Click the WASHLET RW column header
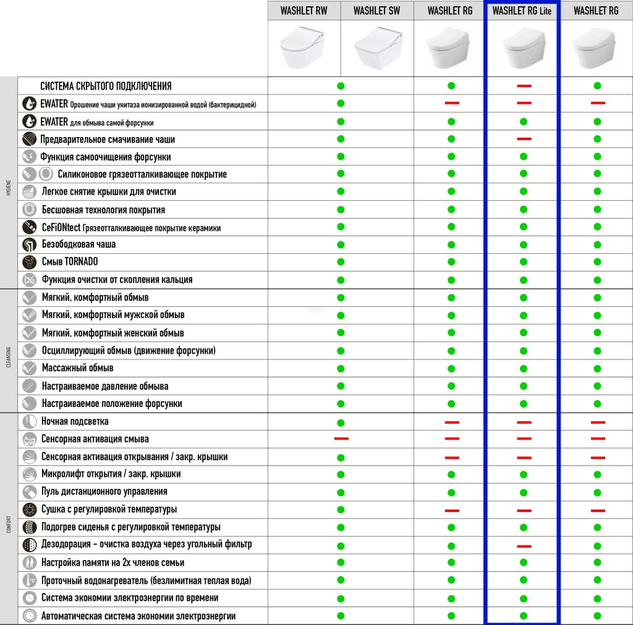click(x=304, y=10)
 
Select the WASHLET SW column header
click(x=377, y=10)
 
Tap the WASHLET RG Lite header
click(x=522, y=10)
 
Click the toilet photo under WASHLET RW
click(x=304, y=47)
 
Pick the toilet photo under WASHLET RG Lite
click(x=523, y=48)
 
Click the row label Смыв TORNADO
click(x=70, y=262)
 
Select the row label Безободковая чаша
click(x=79, y=244)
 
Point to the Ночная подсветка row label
click(x=75, y=421)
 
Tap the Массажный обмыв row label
click(x=78, y=368)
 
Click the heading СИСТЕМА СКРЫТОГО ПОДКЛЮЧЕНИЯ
click(x=106, y=86)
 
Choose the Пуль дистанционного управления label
click(x=104, y=492)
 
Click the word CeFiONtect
click(x=61, y=227)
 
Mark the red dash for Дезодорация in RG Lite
click(x=524, y=546)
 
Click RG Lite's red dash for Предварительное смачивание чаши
click(x=524, y=139)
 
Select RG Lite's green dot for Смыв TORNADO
click(x=524, y=262)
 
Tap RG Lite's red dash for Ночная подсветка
click(x=524, y=422)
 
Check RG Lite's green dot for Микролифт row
click(x=524, y=474)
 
